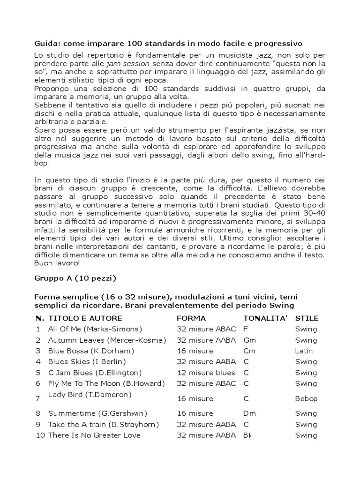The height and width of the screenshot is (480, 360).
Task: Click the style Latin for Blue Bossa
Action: coord(304,351)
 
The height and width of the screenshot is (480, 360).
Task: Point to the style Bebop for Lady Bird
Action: coord(306,399)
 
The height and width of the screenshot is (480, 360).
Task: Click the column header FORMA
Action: coord(191,318)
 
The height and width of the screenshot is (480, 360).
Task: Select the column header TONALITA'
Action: coord(265,318)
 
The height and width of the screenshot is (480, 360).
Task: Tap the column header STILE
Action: coord(307,318)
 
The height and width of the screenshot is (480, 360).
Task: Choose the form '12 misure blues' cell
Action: coord(206,373)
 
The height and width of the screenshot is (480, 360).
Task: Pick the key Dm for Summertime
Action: coord(249,413)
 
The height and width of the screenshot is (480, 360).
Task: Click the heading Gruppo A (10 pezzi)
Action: coord(75,278)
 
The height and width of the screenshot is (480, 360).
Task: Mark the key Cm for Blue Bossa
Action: coord(249,351)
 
